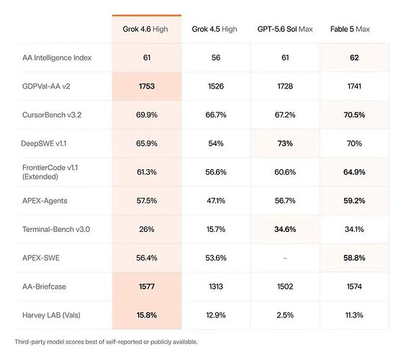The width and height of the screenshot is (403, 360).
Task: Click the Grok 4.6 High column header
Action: (x=145, y=30)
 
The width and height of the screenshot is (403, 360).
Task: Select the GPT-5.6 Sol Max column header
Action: (x=285, y=29)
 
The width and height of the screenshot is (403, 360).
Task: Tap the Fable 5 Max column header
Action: (x=350, y=29)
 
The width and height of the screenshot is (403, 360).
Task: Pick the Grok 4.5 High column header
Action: (x=214, y=30)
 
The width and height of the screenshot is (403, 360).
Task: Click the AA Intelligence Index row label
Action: (x=57, y=58)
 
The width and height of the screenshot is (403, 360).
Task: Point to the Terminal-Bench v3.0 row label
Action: (x=56, y=229)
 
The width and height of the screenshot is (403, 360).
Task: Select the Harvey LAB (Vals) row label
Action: (x=51, y=315)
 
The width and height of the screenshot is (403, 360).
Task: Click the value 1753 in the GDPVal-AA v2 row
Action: (x=147, y=86)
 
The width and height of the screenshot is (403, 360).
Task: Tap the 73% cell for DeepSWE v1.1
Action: (x=285, y=143)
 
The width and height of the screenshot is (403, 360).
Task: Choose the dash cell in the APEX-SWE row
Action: (x=285, y=258)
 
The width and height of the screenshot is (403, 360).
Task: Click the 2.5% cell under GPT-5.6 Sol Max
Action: (x=285, y=315)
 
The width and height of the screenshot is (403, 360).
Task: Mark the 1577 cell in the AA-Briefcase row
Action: (x=147, y=287)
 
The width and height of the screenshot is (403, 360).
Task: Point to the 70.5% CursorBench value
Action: (x=354, y=114)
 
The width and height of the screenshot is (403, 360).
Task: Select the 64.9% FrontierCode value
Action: (x=354, y=172)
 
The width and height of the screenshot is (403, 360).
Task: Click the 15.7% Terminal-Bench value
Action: (x=216, y=229)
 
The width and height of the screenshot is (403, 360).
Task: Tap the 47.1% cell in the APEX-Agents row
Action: (x=216, y=201)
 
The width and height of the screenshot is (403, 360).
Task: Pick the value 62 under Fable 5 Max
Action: (x=354, y=58)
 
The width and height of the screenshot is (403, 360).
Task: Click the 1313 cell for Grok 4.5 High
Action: (x=216, y=287)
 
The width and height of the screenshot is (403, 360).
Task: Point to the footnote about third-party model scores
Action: (x=107, y=342)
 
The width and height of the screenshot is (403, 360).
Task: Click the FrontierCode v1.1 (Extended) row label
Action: (x=50, y=172)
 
